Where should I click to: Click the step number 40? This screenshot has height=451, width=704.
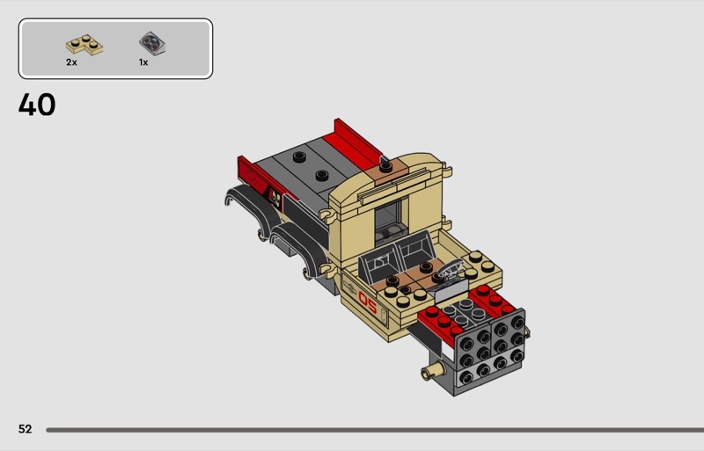pyautogui.click(x=37, y=105)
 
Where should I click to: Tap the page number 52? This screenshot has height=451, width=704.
pyautogui.click(x=26, y=429)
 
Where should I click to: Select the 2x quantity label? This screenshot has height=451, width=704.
pyautogui.click(x=71, y=62)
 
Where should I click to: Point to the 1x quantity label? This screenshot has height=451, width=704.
pyautogui.click(x=143, y=62)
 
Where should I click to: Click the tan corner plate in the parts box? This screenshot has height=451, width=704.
pyautogui.click(x=84, y=46)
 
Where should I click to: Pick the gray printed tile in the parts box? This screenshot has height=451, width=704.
pyautogui.click(x=151, y=44)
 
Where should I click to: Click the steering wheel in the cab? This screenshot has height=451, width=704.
pyautogui.click(x=447, y=271)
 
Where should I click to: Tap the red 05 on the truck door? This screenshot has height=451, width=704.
pyautogui.click(x=368, y=302)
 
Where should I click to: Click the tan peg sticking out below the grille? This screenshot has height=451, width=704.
pyautogui.click(x=431, y=371)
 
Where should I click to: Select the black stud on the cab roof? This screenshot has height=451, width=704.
pyautogui.click(x=385, y=167)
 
